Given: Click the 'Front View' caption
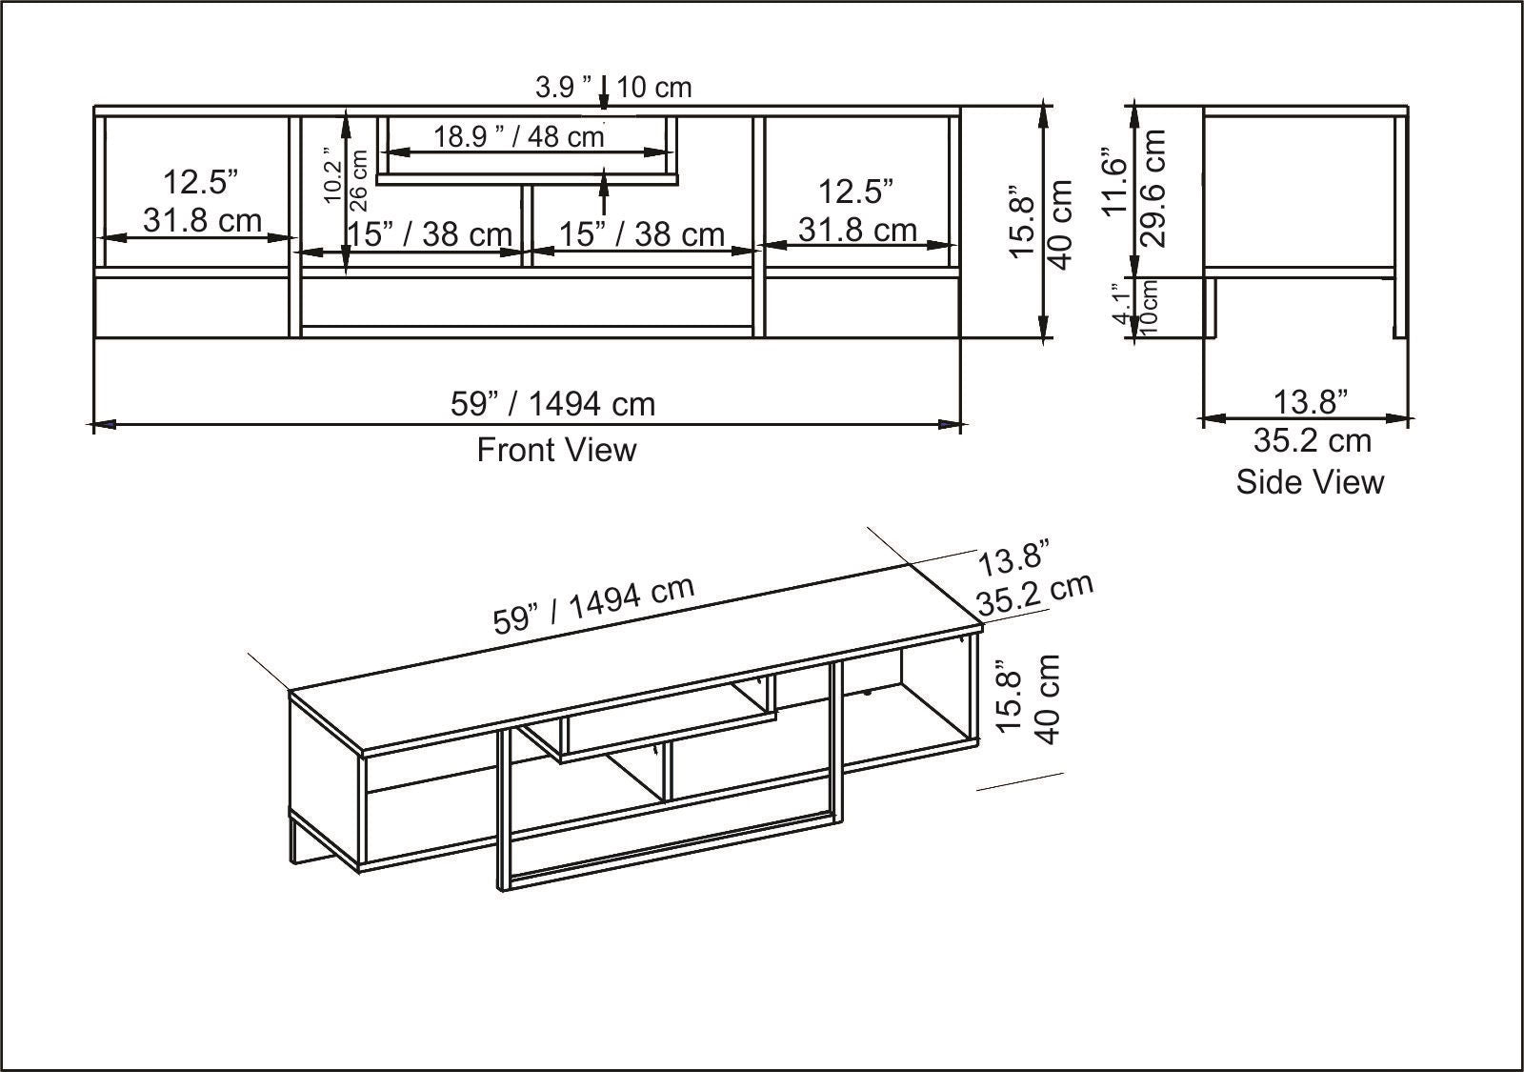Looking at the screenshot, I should (x=556, y=449).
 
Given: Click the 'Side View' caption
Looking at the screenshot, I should (x=1310, y=481).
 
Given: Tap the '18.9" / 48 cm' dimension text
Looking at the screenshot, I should (x=519, y=136).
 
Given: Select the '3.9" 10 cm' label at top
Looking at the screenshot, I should (x=612, y=88).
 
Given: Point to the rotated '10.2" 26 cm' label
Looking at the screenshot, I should (x=345, y=177).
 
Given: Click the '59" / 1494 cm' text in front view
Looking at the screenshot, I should (x=552, y=404).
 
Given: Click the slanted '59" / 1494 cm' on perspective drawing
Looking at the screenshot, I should (x=593, y=605).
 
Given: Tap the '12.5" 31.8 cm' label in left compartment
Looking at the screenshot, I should (x=199, y=201).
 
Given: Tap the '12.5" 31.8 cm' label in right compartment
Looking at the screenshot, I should (x=856, y=210).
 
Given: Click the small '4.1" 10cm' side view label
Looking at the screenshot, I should (x=1135, y=306).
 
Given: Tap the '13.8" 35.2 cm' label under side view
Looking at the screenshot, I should (x=1312, y=420).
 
